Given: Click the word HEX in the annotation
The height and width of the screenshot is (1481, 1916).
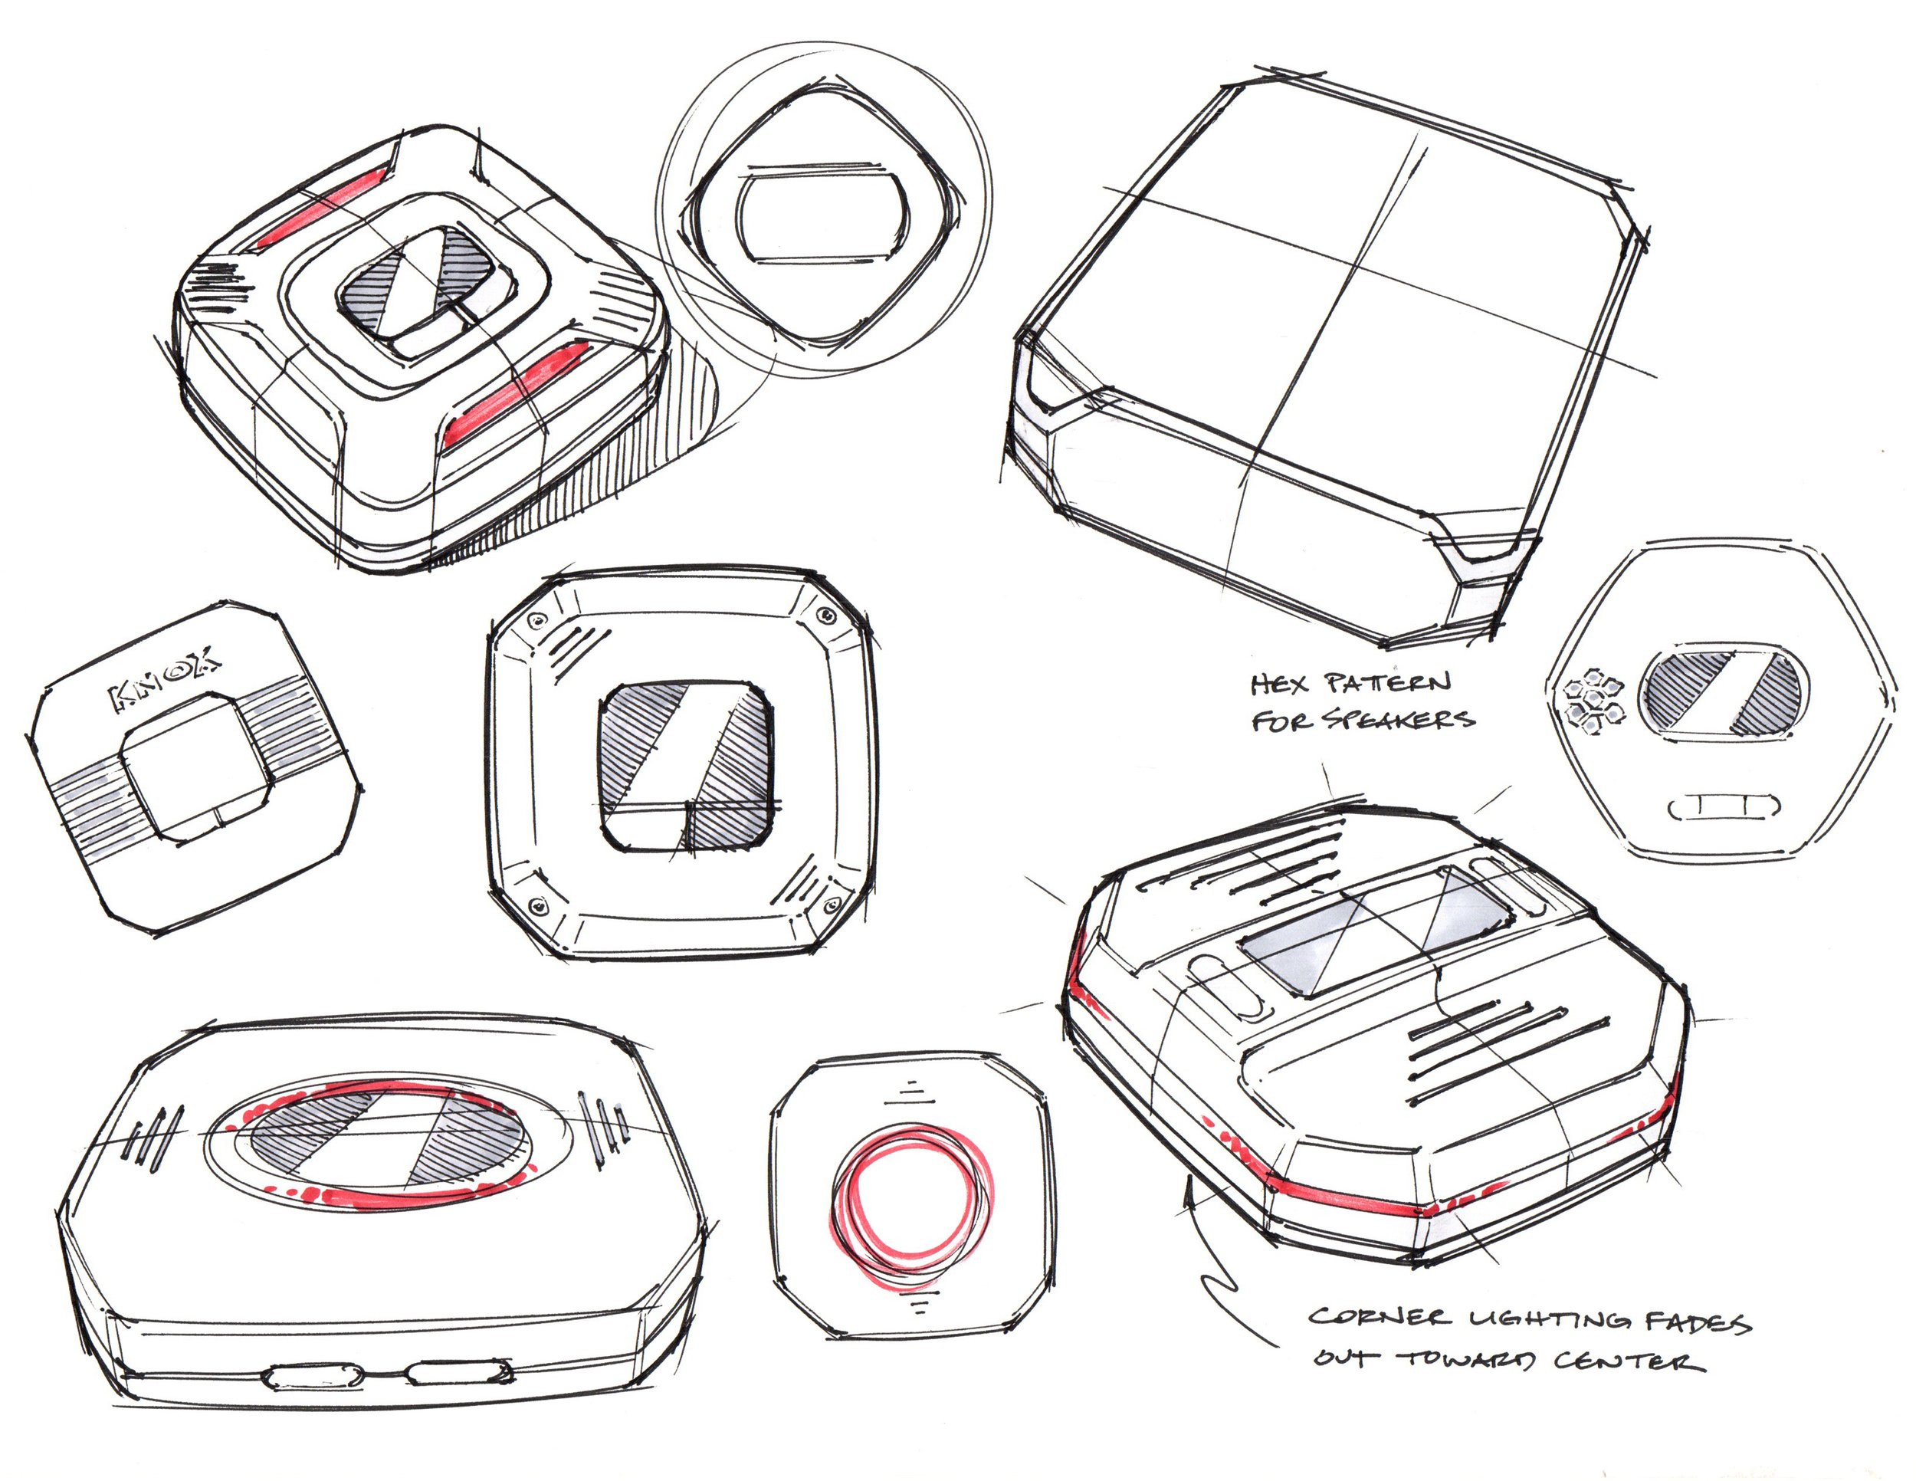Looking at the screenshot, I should tap(1279, 685).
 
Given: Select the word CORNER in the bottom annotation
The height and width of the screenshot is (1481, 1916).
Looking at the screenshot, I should tap(1376, 1318).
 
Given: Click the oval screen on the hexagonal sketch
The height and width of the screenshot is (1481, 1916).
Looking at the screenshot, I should tap(1720, 693).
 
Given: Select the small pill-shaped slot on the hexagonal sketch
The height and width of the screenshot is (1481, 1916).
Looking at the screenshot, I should tap(1723, 806).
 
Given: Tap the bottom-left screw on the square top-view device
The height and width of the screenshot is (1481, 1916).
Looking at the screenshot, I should tap(538, 905).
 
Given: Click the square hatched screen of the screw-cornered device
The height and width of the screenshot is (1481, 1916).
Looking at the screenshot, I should tap(686, 765).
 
